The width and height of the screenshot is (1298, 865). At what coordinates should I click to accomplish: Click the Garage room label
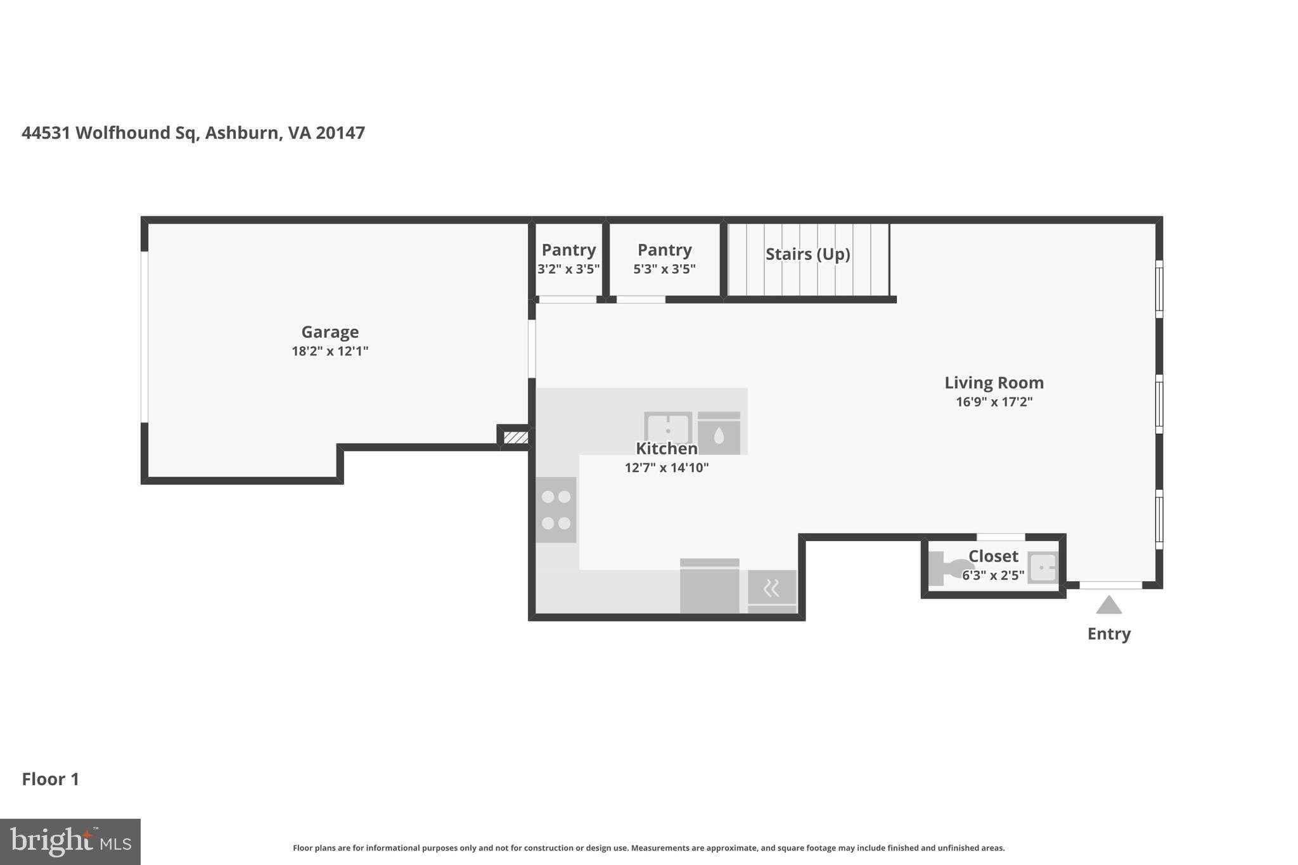(330, 332)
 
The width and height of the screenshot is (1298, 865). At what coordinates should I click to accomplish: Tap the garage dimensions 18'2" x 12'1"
(330, 351)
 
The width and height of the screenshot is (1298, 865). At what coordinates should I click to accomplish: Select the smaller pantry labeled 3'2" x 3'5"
(569, 259)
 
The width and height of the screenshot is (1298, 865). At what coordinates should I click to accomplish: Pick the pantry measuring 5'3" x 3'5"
(664, 259)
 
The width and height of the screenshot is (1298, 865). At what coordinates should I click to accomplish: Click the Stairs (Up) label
(807, 254)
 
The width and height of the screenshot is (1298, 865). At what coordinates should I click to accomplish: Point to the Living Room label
(994, 383)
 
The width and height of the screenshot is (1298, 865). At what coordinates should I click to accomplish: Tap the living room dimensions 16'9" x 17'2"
(994, 402)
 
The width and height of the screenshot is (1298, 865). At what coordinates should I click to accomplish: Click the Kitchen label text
(666, 449)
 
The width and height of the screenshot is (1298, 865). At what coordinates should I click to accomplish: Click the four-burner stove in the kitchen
(556, 510)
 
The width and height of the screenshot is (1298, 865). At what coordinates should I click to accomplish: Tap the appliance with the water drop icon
(719, 434)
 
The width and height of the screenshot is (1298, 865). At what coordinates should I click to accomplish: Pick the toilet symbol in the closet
(948, 568)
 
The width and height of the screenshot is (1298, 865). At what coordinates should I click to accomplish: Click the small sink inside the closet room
(1043, 568)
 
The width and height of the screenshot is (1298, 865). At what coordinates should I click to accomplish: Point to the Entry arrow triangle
(1108, 606)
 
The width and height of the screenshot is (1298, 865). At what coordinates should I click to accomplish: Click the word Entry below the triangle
(1108, 634)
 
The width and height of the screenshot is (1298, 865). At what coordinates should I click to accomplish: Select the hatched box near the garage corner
(515, 437)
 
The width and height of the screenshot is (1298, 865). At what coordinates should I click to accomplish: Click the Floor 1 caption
(51, 779)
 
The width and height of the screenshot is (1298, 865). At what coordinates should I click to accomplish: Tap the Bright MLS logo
(70, 842)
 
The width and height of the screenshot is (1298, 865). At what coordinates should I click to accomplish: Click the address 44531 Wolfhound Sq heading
(193, 133)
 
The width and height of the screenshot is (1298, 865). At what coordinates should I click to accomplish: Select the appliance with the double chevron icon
(771, 589)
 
